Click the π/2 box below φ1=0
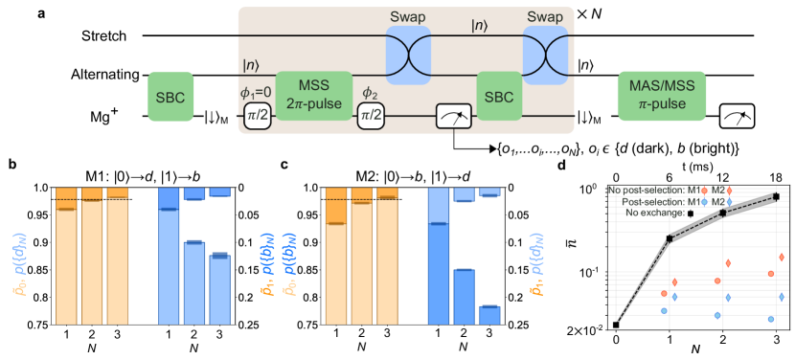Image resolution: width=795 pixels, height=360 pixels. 259,116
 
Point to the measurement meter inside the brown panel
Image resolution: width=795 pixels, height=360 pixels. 451,117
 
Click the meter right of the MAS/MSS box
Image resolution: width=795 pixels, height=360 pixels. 737,117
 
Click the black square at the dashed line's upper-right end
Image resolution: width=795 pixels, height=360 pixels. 776,197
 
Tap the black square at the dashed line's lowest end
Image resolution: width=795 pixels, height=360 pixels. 616,326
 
